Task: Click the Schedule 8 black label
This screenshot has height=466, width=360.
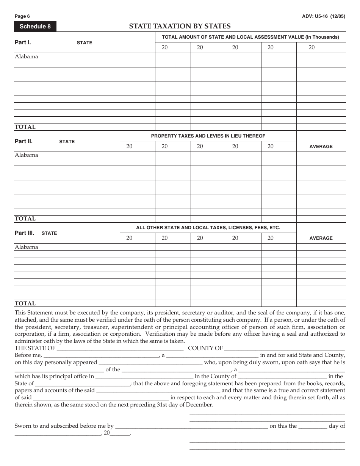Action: click(35, 27)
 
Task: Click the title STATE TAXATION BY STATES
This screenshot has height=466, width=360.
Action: click(180, 26)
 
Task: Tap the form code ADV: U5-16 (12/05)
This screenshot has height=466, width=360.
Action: click(324, 16)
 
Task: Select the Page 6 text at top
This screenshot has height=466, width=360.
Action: click(22, 16)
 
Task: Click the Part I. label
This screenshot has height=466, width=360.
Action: click(23, 42)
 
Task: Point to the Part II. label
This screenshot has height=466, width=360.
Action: click(23, 141)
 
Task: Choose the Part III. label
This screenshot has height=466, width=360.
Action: click(24, 233)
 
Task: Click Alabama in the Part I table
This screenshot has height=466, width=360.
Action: click(26, 56)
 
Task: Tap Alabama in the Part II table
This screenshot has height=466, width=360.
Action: click(26, 155)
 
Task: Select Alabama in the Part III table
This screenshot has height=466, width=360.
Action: click(26, 247)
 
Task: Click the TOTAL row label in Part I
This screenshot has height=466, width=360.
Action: click(25, 127)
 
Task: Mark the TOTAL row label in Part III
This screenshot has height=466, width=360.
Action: click(25, 303)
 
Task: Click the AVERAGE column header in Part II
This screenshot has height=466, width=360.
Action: click(321, 147)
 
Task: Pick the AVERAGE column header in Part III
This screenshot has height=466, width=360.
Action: click(321, 238)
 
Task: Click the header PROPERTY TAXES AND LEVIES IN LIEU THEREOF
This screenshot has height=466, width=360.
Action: click(208, 136)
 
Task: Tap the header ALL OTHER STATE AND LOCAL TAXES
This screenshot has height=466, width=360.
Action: click(208, 228)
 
